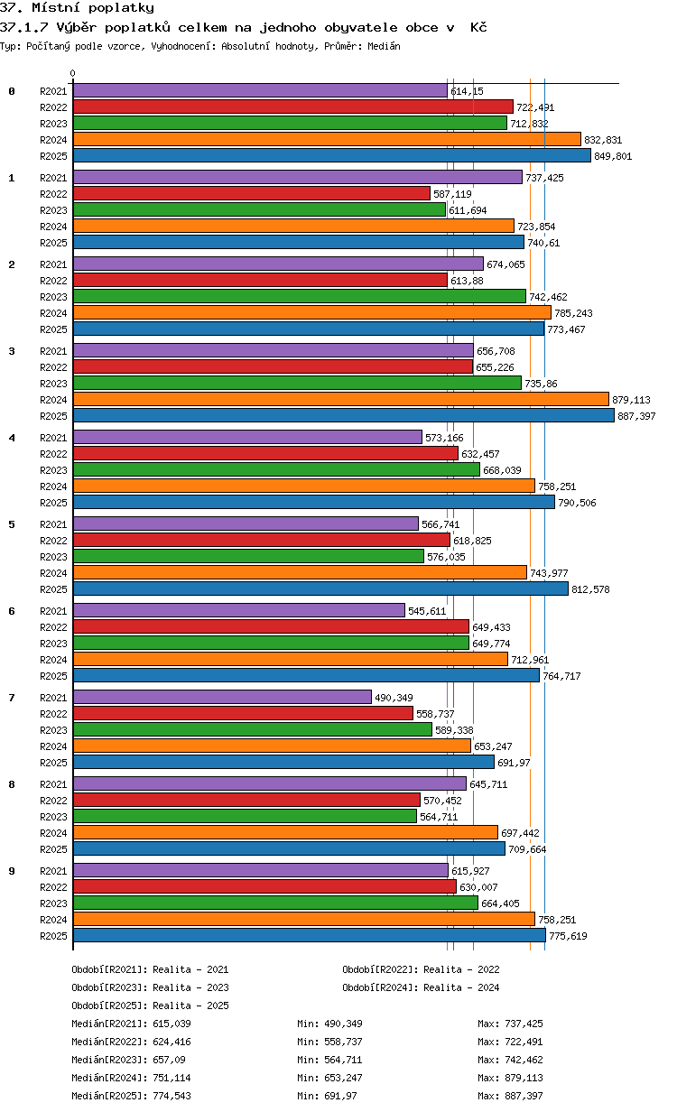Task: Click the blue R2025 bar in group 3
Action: click(x=343, y=415)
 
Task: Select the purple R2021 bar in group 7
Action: click(x=222, y=697)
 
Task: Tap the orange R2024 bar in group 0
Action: click(x=327, y=140)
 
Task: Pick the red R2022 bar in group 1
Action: click(x=252, y=193)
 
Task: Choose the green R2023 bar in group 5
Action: click(x=248, y=557)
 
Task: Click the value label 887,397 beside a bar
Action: click(x=636, y=416)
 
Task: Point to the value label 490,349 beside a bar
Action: click(x=394, y=698)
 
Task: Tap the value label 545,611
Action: click(x=427, y=611)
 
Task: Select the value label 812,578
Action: click(x=590, y=589)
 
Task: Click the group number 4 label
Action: click(x=12, y=438)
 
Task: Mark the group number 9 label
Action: click(x=12, y=871)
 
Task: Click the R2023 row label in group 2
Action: click(x=53, y=297)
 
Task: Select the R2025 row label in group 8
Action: click(x=53, y=849)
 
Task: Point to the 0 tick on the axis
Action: click(x=73, y=73)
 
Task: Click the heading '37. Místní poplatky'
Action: click(x=77, y=7)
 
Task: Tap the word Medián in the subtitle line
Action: click(x=384, y=46)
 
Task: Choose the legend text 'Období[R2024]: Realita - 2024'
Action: click(x=421, y=987)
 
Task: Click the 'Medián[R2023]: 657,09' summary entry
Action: click(x=128, y=1060)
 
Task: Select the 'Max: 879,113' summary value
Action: click(x=510, y=1078)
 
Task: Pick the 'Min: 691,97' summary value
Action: click(x=327, y=1095)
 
